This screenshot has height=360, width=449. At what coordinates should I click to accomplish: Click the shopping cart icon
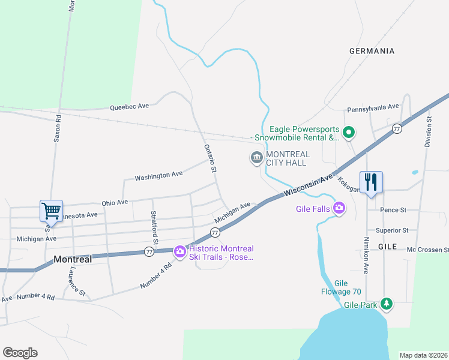[x=51, y=211]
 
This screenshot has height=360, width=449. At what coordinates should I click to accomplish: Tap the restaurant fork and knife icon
[x=370, y=182]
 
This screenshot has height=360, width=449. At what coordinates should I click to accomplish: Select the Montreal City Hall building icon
[x=256, y=158]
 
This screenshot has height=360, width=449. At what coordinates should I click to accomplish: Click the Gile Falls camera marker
[x=340, y=208]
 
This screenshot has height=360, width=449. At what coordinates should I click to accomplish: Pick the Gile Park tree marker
[x=388, y=304]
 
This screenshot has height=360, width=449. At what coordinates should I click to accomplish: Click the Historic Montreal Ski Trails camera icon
[x=179, y=252]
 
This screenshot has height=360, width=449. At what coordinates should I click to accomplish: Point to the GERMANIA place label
[x=372, y=51]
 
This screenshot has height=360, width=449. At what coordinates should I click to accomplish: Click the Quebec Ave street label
[x=129, y=107]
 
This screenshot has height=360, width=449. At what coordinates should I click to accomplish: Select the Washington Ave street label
[x=158, y=176]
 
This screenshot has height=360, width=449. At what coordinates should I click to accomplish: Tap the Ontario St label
[x=209, y=158]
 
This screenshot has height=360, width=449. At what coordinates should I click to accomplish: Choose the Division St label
[x=428, y=132]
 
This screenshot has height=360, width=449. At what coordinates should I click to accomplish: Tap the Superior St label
[x=391, y=230]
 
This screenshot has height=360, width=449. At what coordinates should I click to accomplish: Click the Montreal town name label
[x=73, y=260]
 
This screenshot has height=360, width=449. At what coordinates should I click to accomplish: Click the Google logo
[x=20, y=353]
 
